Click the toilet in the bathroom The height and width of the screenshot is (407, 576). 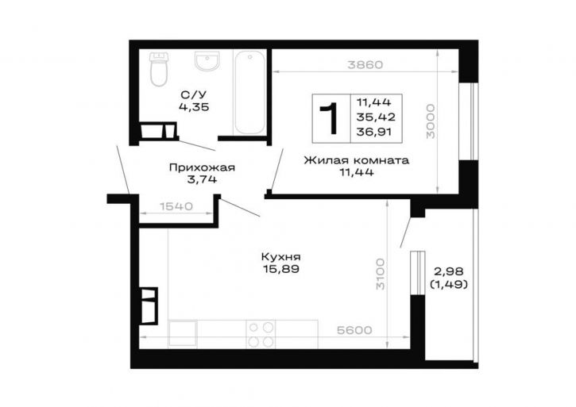point(159,69)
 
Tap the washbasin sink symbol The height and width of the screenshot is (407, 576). point(207,60)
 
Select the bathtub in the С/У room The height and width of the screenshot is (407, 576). point(249,93)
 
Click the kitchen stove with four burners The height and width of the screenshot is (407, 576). point(261,334)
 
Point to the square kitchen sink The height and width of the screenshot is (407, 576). point(183,334)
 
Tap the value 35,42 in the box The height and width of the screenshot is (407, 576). point(376,117)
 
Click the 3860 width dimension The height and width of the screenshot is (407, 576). point(365,65)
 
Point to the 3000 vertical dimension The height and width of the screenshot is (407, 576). point(430,121)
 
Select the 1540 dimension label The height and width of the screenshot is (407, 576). point(176,206)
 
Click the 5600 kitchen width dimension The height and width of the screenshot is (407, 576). point(354,330)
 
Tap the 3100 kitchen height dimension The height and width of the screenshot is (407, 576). point(381,274)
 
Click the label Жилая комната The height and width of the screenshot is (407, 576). point(357,160)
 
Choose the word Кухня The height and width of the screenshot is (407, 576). point(281,256)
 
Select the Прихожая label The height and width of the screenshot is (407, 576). point(202,167)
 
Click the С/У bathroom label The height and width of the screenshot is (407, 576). point(194,95)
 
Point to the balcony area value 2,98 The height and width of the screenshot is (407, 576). point(449,272)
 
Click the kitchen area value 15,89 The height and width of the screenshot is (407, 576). point(281,269)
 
